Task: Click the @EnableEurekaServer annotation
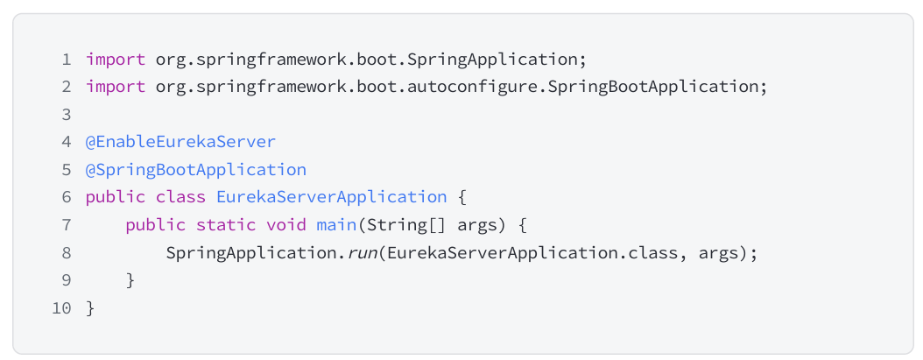(x=180, y=142)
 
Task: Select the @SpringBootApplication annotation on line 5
(x=196, y=170)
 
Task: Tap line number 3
(x=67, y=115)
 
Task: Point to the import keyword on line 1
(x=116, y=60)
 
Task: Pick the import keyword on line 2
(x=116, y=88)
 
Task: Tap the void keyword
(x=286, y=225)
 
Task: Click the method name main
(x=336, y=225)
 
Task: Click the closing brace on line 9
(x=130, y=280)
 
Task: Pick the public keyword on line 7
(x=156, y=225)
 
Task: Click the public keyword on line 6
(x=116, y=197)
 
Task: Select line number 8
(x=67, y=253)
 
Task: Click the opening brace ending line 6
(x=462, y=197)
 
